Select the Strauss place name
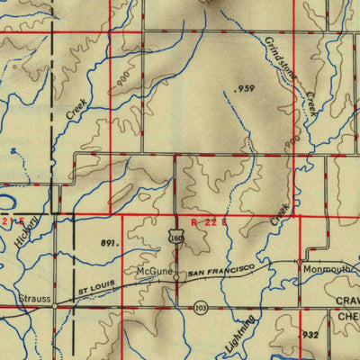coord(31,294)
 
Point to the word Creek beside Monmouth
coord(282,214)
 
